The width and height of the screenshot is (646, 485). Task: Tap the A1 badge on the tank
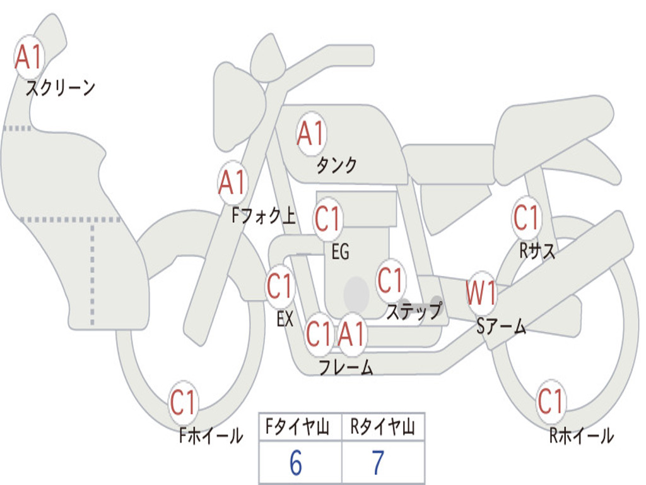[311, 134]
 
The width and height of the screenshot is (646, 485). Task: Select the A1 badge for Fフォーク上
[233, 183]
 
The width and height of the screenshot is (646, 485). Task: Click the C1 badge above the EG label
[328, 219]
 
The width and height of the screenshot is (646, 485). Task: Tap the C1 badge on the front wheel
[183, 402]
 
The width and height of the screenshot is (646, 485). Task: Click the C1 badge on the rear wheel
[550, 401]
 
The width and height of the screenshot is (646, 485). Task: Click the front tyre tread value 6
[296, 463]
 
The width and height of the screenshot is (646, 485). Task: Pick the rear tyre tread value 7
[379, 463]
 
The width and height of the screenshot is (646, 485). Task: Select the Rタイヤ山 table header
[382, 427]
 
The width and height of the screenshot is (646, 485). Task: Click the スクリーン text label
[61, 88]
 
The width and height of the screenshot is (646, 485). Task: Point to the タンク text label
[336, 165]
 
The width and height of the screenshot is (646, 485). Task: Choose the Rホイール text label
[582, 436]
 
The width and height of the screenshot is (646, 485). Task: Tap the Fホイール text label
[211, 436]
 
